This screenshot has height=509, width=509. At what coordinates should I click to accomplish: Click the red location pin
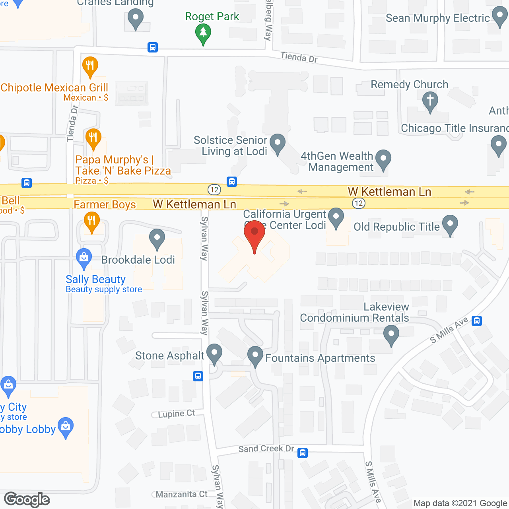coord(254,232)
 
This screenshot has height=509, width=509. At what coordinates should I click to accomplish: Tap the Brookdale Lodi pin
coord(157,238)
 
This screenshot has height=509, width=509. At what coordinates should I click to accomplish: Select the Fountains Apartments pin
coord(255,355)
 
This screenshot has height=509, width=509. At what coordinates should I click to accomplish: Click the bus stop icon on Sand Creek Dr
coord(303,453)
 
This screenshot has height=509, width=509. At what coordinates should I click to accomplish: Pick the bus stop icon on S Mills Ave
coord(477,321)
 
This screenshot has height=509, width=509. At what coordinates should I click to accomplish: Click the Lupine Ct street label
coord(176,414)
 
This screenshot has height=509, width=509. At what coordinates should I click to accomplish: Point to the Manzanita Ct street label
coord(181,494)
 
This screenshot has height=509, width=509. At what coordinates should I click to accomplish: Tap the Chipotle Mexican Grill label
coord(54,87)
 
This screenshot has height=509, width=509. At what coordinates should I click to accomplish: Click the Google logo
coord(27,499)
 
